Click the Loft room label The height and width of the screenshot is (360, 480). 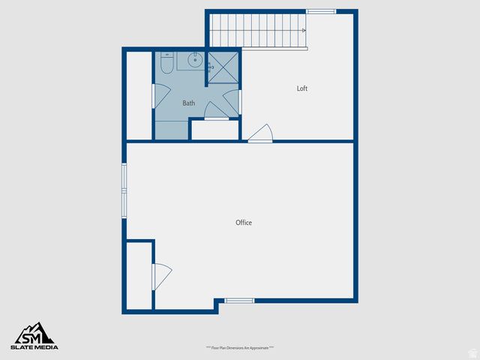(302, 88)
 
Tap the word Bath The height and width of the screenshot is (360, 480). (189, 103)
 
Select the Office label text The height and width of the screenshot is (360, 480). (244, 223)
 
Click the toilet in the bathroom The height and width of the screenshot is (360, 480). (166, 62)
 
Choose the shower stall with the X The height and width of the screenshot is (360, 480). (223, 65)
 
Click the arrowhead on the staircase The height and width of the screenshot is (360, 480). (303, 31)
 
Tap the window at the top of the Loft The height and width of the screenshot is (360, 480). (321, 11)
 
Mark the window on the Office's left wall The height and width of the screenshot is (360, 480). (125, 190)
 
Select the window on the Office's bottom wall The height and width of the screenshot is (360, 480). (240, 301)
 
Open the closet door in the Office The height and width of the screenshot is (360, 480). (161, 275)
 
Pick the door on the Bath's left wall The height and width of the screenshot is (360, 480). (160, 95)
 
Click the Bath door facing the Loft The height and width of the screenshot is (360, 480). (232, 101)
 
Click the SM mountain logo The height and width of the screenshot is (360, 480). (34, 332)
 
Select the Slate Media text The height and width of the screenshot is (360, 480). (34, 346)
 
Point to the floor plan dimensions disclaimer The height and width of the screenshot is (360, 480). (240, 347)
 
